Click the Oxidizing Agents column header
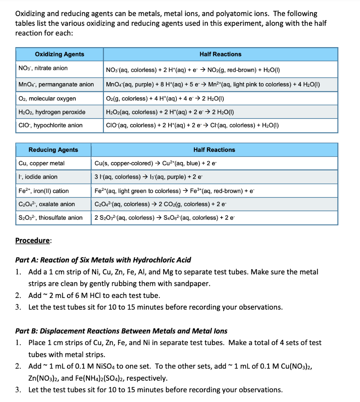[59, 54]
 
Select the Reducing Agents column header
[53, 150]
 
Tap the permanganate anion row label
[56, 84]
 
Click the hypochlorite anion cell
[51, 125]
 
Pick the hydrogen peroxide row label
[52, 112]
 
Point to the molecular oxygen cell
[47, 99]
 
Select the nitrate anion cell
[43, 68]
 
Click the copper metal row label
[42, 163]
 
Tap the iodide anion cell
[38, 177]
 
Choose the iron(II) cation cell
[44, 191]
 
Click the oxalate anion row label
[47, 204]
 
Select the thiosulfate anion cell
[51, 217]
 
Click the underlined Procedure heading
[33, 240]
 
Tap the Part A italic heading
[103, 260]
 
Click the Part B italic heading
[121, 331]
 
